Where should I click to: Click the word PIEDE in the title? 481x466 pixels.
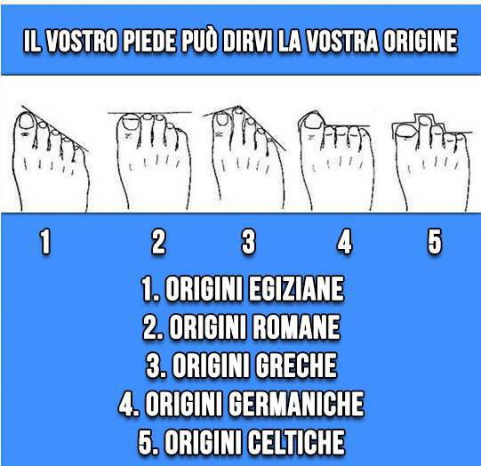click(x=167, y=44)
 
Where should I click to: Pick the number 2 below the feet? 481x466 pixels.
click(x=157, y=242)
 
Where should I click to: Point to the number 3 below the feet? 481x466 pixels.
click(x=249, y=242)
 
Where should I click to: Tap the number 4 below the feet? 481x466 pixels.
click(x=344, y=242)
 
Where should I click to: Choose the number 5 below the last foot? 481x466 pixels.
click(x=434, y=242)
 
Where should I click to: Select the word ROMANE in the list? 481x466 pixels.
click(x=296, y=328)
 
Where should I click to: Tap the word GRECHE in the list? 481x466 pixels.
click(x=294, y=366)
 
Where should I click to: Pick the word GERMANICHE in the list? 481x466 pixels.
click(x=296, y=405)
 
